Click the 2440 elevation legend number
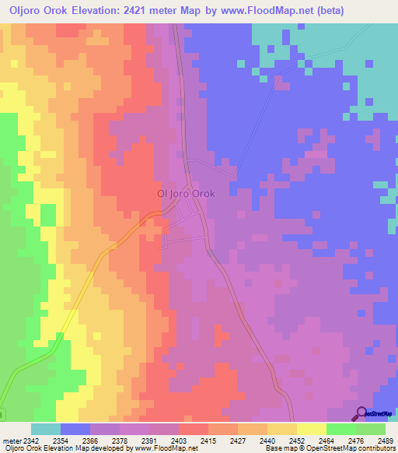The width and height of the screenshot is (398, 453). [267, 441]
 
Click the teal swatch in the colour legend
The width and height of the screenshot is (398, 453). [45, 429]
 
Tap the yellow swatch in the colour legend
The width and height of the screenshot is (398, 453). [311, 429]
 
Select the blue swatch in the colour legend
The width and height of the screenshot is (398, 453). [75, 429]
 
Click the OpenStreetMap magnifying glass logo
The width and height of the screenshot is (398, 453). [361, 414]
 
